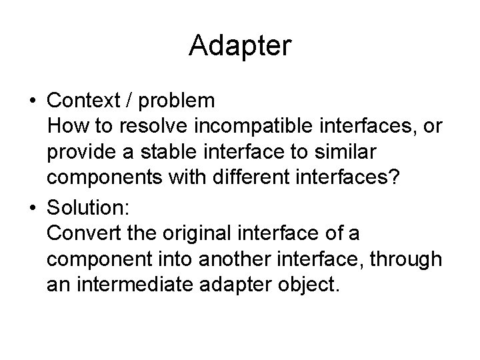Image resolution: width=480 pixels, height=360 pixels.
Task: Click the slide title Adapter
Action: [240, 46]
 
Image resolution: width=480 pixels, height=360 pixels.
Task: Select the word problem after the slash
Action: [178, 101]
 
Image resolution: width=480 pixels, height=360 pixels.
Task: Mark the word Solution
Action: [89, 207]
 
